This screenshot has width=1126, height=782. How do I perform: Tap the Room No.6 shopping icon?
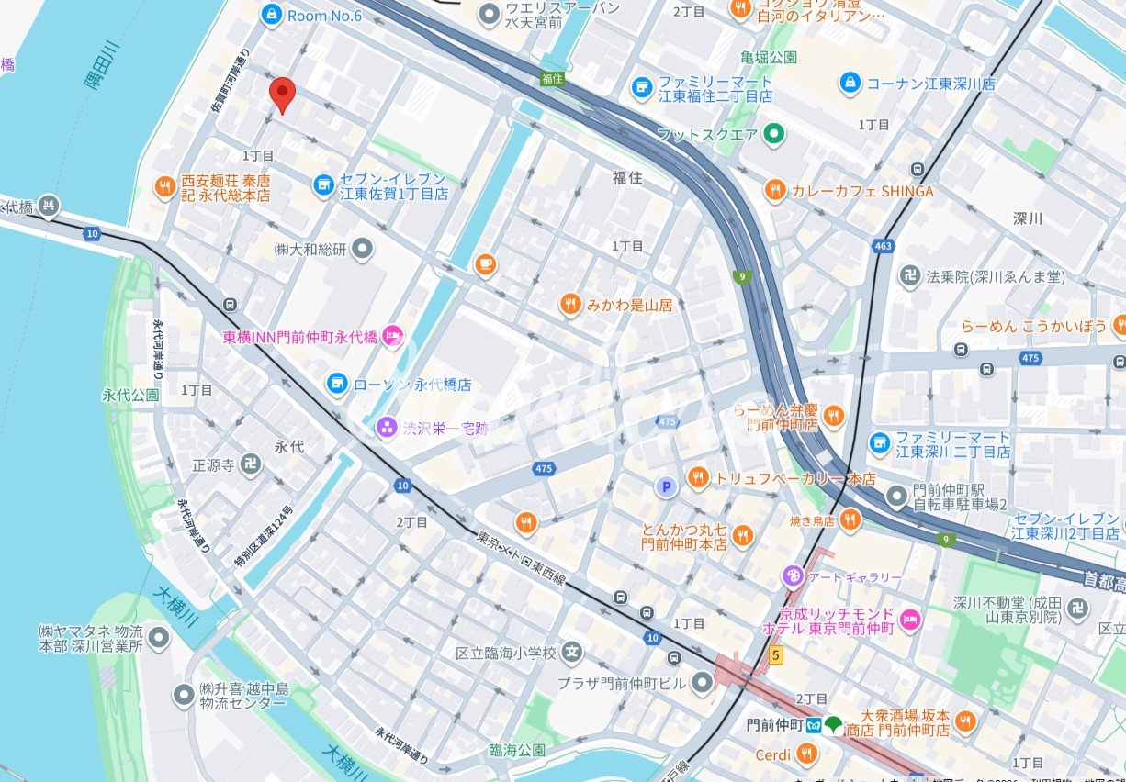271,14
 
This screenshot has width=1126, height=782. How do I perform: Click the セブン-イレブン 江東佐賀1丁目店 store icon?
323,186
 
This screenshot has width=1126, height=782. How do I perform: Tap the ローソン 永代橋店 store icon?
337,382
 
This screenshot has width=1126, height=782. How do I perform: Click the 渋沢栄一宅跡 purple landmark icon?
386,427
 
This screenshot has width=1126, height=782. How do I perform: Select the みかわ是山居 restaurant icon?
570,304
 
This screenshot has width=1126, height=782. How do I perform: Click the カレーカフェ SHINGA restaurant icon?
775,191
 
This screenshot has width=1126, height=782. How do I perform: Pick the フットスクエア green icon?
774,135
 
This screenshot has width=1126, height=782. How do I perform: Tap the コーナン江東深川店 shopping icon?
850,84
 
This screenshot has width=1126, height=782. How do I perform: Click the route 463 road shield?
884,246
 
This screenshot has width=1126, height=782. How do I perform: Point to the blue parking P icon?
665,486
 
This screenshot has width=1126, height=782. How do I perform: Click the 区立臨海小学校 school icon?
573,654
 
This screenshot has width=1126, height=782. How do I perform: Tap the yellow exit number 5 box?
776,655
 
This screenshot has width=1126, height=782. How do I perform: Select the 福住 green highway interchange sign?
551,79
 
